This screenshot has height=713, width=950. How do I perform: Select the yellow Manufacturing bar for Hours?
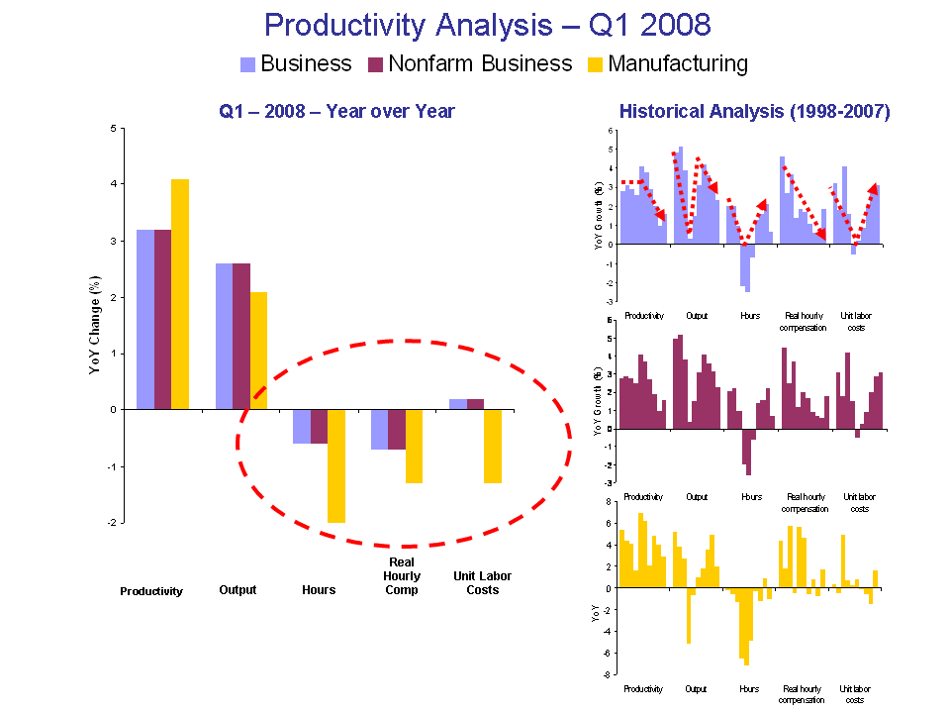(336, 465)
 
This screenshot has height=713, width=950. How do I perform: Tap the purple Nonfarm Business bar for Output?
(241, 336)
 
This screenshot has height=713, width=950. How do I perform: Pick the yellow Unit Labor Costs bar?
(493, 446)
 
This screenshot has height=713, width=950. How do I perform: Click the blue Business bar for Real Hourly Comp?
(379, 429)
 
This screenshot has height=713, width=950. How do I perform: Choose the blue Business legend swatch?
(247, 64)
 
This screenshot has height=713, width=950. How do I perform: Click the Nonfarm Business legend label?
(480, 64)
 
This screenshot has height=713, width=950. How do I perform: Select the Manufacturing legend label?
(678, 64)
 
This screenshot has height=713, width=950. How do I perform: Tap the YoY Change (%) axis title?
(95, 327)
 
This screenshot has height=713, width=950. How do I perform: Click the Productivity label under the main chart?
(151, 591)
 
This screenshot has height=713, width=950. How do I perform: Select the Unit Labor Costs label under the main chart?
(482, 583)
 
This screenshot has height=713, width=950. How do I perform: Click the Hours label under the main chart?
(319, 590)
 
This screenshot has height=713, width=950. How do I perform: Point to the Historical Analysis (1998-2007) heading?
(754, 112)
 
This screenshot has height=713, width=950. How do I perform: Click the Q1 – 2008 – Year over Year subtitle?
(336, 112)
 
